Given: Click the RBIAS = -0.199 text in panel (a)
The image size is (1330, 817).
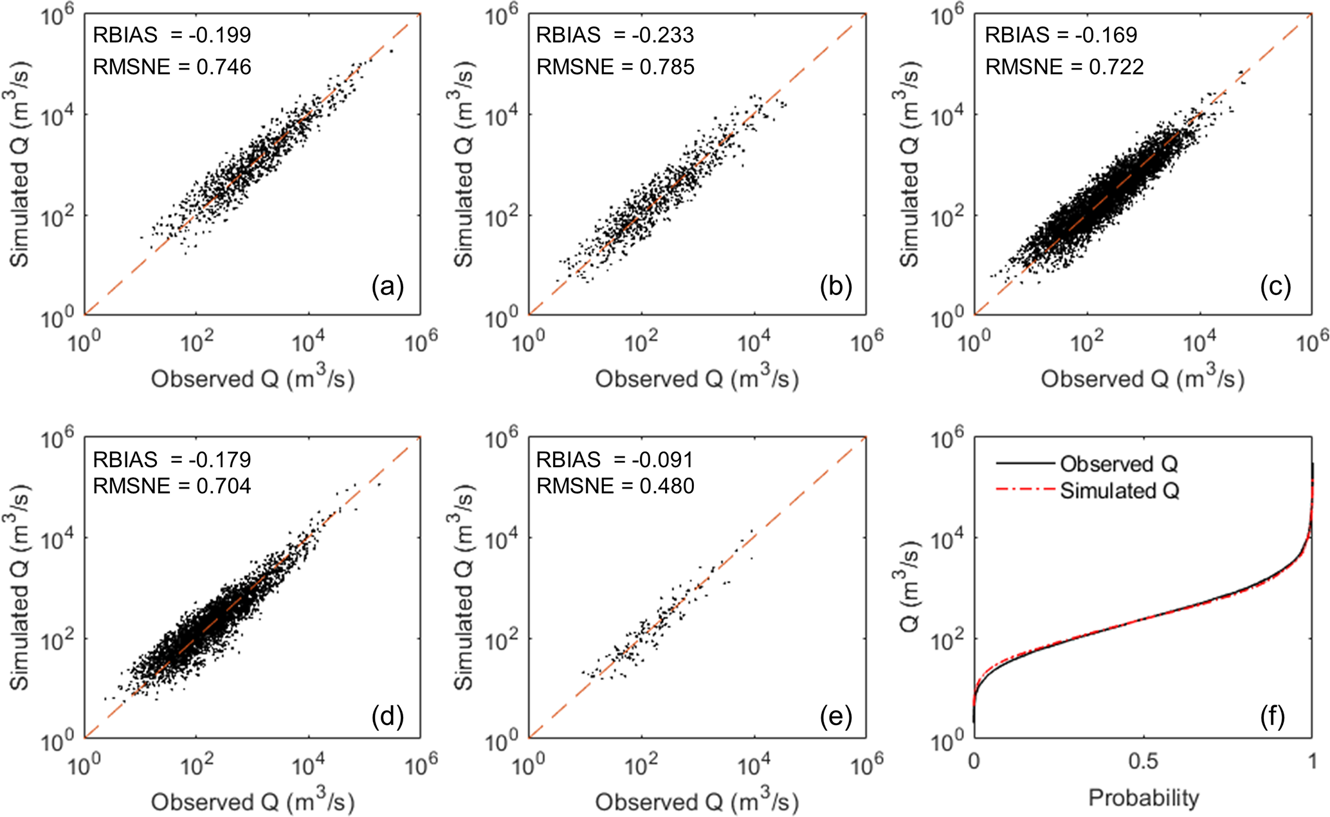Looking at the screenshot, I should point(172,35).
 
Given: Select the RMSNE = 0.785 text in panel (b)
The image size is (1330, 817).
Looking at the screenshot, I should point(615,67).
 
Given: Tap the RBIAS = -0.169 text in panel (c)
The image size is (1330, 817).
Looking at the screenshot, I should point(1061,35).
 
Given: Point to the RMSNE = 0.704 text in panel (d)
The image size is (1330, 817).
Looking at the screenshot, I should point(172,486).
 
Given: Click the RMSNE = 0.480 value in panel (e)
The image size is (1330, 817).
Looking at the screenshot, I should point(615,486).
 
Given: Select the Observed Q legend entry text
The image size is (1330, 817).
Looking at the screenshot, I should point(1119,463).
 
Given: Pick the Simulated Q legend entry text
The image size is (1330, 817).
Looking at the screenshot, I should point(1120,491).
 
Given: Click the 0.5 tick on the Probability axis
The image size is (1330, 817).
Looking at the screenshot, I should point(1143,762).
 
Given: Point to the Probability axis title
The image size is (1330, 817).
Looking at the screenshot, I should point(1143,798).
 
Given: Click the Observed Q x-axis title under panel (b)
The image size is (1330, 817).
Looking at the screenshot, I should point(697,379).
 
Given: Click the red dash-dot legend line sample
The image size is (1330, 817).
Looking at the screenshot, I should point(1025,490).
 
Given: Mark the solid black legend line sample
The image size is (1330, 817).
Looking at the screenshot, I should point(1025,463).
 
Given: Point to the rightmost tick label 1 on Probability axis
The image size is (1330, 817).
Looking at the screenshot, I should point(1312,762).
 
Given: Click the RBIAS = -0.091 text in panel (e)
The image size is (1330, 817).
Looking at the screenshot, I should point(615,460).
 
